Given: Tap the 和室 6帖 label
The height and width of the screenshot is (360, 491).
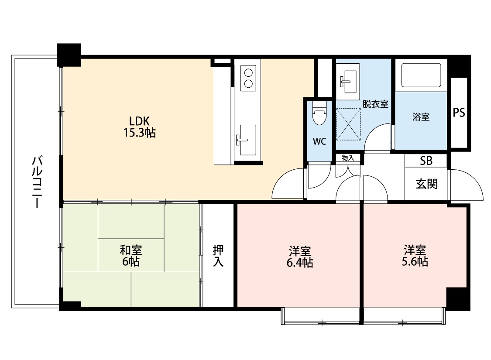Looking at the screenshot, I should pyautogui.click(x=131, y=256).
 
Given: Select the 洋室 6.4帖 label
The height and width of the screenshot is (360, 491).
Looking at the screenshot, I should pyautogui.click(x=300, y=257).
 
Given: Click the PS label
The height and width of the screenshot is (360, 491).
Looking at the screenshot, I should pyautogui.click(x=459, y=113).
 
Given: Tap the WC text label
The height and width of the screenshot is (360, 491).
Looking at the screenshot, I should pyautogui.click(x=319, y=141).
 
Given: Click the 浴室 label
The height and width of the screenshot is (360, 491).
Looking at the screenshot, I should pyautogui.click(x=421, y=117).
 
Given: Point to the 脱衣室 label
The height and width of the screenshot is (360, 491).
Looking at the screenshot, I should pyautogui.click(x=375, y=104).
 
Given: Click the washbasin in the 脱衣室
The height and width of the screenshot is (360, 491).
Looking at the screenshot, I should pyautogui.click(x=348, y=79).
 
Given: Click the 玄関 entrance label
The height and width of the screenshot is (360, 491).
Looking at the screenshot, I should pyautogui.click(x=426, y=184).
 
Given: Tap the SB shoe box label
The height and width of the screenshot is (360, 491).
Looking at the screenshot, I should pyautogui.click(x=426, y=161).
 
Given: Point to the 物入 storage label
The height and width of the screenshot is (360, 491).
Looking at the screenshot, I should pyautogui.click(x=348, y=158).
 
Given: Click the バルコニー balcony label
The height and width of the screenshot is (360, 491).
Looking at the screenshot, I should pyautogui.click(x=37, y=181).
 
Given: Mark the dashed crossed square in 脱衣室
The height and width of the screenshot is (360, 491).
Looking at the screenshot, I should pyautogui.click(x=349, y=124).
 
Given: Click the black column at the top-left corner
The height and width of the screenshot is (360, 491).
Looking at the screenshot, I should pyautogui.click(x=69, y=55).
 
